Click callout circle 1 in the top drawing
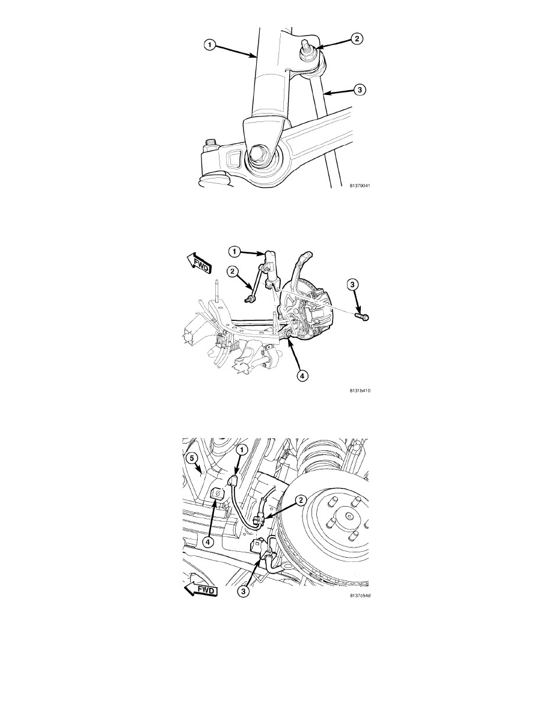pyautogui.click(x=209, y=44)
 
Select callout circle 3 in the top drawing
pyautogui.click(x=360, y=90)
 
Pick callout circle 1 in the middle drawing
pyautogui.click(x=234, y=251)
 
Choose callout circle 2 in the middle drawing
pyautogui.click(x=232, y=272)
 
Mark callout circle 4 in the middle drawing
pyautogui.click(x=302, y=376)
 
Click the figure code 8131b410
pyautogui.click(x=360, y=390)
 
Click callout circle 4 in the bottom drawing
pyautogui.click(x=208, y=542)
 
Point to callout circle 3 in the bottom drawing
pyautogui.click(x=244, y=591)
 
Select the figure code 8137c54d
pyautogui.click(x=360, y=595)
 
